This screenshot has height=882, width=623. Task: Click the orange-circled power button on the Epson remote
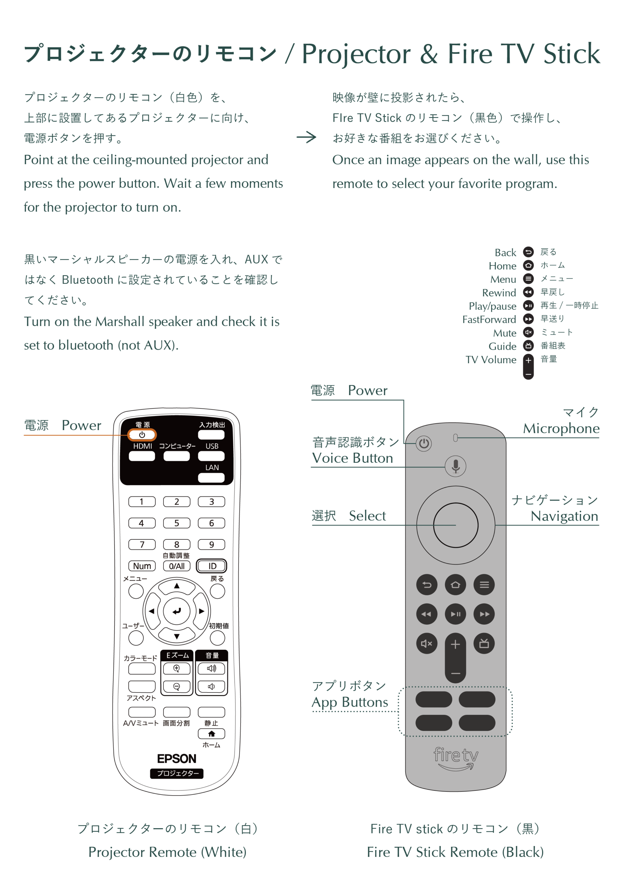pyautogui.click(x=142, y=435)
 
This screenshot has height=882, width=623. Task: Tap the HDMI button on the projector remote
pyautogui.click(x=142, y=456)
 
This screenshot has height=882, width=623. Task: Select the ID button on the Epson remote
pyautogui.click(x=211, y=566)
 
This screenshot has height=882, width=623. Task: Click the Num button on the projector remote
pyautogui.click(x=142, y=566)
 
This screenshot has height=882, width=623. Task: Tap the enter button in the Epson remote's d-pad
pyautogui.click(x=177, y=611)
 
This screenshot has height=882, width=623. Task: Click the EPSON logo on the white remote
pyautogui.click(x=177, y=759)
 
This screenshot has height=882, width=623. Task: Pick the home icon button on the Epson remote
pyautogui.click(x=211, y=734)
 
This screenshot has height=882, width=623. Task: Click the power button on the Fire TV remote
pyautogui.click(x=424, y=444)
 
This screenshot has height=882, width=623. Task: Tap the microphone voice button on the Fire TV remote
pyautogui.click(x=456, y=466)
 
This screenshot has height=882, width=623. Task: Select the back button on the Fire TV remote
pyautogui.click(x=427, y=585)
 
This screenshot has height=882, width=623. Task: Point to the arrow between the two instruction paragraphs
pyautogui.click(x=306, y=137)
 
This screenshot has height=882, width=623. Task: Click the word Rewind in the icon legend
pyautogui.click(x=499, y=293)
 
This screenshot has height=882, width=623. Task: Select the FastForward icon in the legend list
pyautogui.click(x=529, y=319)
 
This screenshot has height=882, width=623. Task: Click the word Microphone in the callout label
pyautogui.click(x=561, y=428)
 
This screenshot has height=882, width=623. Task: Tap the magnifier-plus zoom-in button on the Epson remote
pyautogui.click(x=177, y=668)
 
